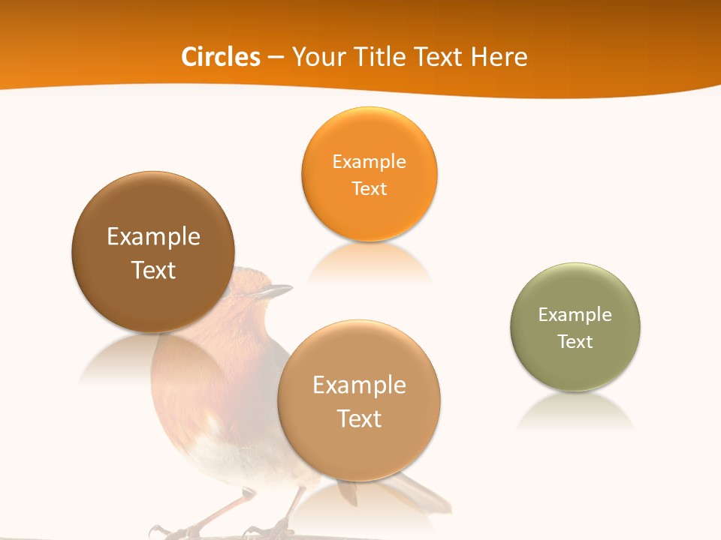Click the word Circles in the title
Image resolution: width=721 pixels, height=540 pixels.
coord(220,57)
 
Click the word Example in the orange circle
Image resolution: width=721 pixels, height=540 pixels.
coord(369,161)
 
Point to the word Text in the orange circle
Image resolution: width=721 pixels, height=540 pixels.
coord(369,188)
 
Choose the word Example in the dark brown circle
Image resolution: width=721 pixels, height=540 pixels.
coord(153,237)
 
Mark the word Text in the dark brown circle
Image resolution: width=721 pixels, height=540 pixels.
coord(153,270)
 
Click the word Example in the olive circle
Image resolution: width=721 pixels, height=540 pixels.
coord(575,314)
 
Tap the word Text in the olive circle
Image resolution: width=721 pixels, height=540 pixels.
coord(575,341)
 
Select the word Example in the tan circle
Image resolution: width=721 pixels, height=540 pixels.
coord(359,385)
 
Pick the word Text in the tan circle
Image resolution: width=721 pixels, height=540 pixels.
coord(359,418)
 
